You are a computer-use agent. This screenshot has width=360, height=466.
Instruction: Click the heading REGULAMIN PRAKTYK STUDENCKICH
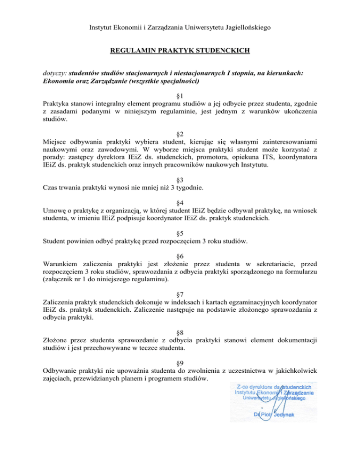pyautogui.click(x=180, y=50)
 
